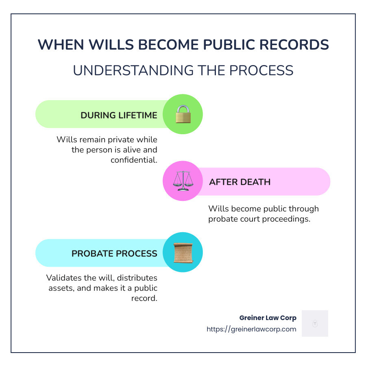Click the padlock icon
[183, 114]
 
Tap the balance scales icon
[183, 181]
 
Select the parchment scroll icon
[183, 253]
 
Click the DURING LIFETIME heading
[119, 115]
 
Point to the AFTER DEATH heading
[240, 182]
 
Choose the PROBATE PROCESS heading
[114, 253]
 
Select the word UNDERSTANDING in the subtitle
[127, 70]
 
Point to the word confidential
[134, 160]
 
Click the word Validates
[65, 278]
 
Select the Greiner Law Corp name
[268, 318]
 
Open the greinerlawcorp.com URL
[251, 329]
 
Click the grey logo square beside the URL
[315, 323]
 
